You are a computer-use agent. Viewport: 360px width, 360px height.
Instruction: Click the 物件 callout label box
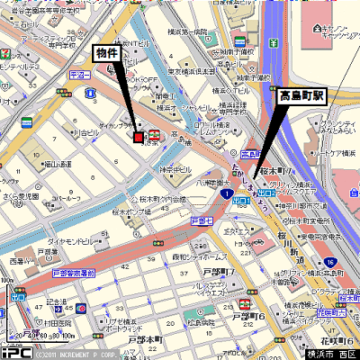click(x=108, y=54)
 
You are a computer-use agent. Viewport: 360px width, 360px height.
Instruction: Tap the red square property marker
click(x=138, y=137)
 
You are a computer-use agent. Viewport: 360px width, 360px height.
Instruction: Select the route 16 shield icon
click(x=330, y=262)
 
